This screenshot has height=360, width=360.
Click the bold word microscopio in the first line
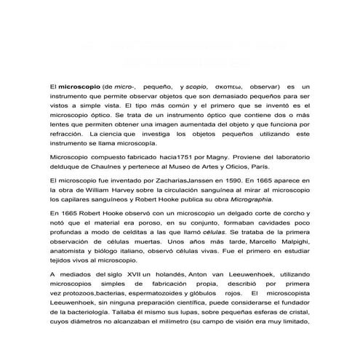80,86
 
